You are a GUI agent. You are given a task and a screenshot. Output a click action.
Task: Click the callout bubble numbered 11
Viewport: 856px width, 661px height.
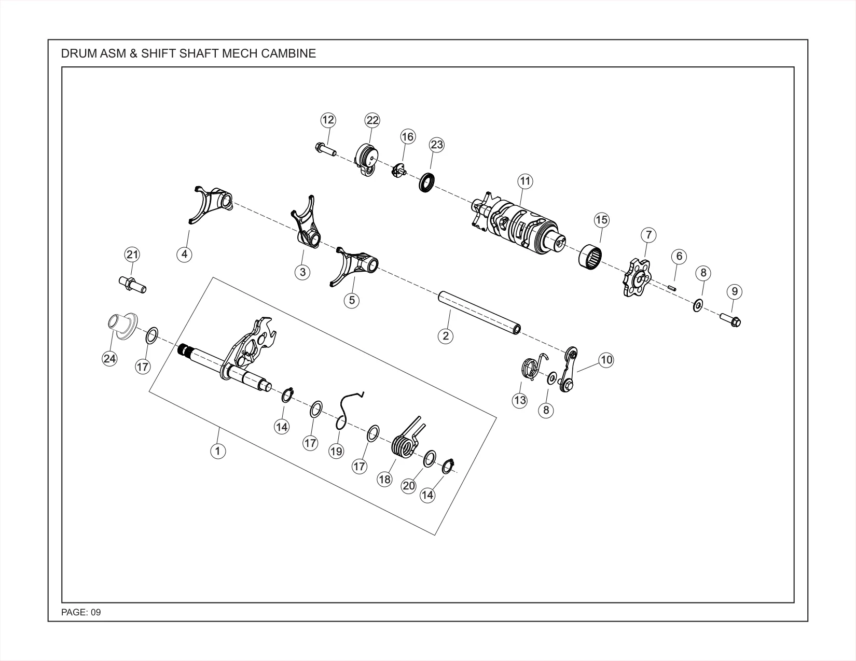(x=524, y=181)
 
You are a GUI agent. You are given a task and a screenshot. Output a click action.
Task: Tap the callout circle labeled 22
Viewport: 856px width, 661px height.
(x=372, y=120)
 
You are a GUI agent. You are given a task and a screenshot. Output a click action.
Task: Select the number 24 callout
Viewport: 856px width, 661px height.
(x=109, y=358)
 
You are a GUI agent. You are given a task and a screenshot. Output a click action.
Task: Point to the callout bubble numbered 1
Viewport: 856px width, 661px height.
(x=218, y=451)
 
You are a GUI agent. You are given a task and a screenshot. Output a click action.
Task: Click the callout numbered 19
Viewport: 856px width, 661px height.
(x=336, y=451)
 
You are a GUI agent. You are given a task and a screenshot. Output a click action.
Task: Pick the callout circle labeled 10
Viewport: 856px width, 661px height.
(x=606, y=360)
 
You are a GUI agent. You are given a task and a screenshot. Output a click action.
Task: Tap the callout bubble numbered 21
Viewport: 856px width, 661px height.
(x=132, y=255)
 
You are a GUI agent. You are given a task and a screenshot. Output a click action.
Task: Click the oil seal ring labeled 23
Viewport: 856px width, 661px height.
(x=426, y=182)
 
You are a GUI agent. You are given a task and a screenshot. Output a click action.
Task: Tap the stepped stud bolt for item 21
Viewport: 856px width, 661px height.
(x=132, y=285)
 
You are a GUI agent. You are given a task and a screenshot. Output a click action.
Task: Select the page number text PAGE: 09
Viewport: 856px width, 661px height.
(x=81, y=612)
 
